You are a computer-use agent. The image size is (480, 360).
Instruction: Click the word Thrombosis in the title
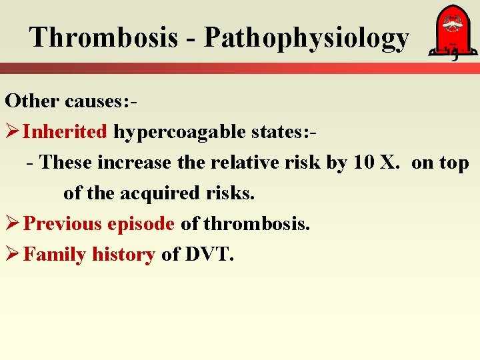point(103,37)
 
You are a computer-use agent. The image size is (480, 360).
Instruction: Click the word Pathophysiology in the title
point(306,39)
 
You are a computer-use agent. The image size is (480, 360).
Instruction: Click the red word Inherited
point(65,131)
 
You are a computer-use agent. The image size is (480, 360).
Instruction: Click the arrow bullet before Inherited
point(13,131)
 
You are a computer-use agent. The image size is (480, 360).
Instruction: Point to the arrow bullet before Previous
point(13,223)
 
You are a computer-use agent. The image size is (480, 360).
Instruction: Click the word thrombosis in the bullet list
point(256,223)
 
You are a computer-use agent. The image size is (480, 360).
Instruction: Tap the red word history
point(123,255)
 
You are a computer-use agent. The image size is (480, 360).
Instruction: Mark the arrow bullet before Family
point(13,254)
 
